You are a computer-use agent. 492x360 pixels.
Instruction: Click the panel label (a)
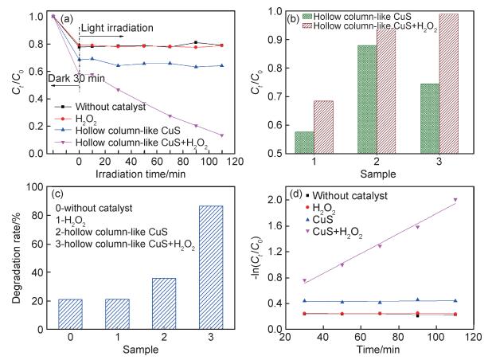point(68,15)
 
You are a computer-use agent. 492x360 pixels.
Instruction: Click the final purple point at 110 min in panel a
point(221,135)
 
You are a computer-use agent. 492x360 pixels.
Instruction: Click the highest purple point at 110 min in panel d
point(455,200)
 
